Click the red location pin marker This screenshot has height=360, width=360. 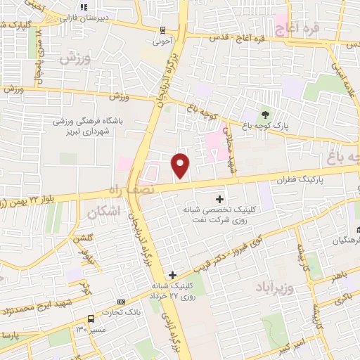tap(181, 165)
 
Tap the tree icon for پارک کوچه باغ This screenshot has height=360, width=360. tap(265, 115)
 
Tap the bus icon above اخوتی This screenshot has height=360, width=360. tap(163, 30)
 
